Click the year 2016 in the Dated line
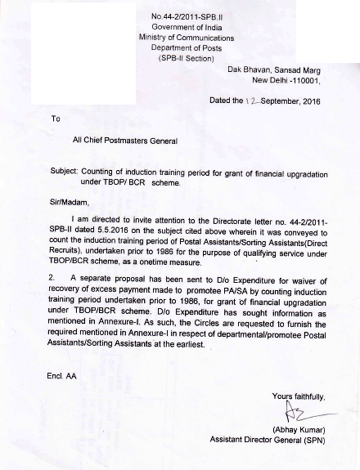pyautogui.click(x=309, y=101)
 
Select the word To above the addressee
pyautogui.click(x=56, y=119)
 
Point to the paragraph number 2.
pyautogui.click(x=54, y=277)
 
